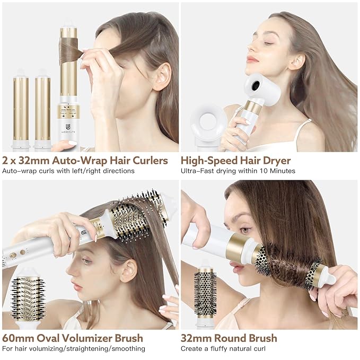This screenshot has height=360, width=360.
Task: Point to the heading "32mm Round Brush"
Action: [229, 338]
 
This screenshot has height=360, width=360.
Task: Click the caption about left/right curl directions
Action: [68, 171]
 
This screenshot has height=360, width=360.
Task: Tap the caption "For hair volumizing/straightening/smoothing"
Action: [74, 348]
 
